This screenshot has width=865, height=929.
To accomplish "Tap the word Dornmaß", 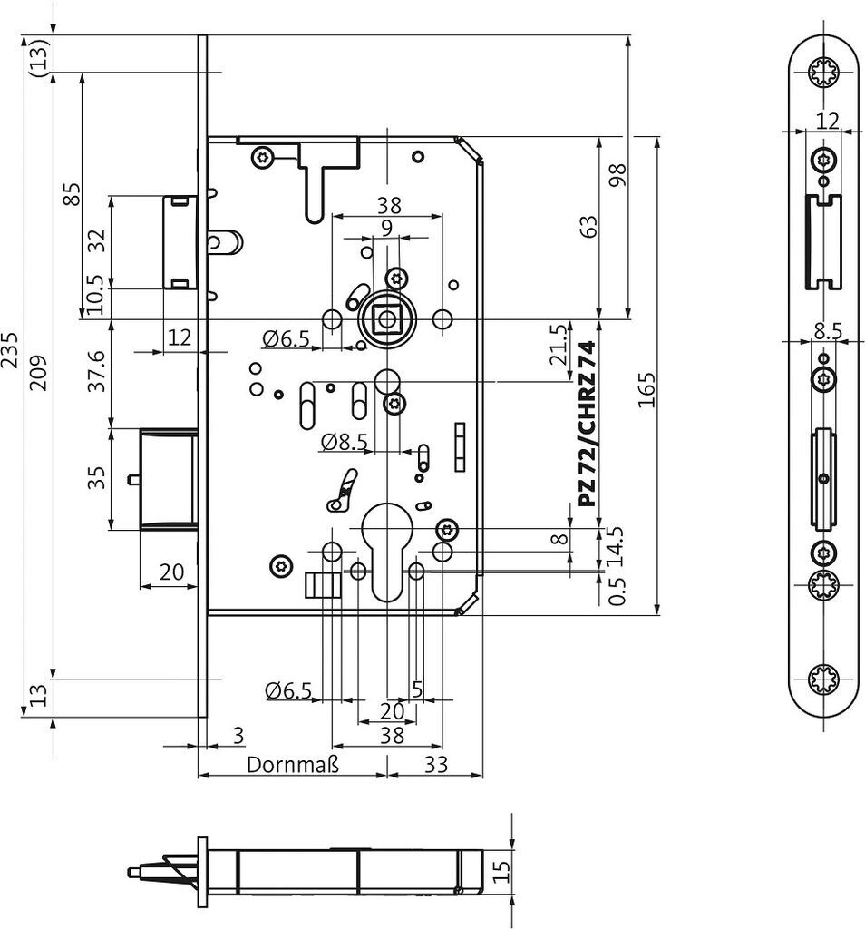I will (x=293, y=765).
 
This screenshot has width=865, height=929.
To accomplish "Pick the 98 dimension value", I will (x=618, y=176).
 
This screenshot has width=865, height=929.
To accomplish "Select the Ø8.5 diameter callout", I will (x=345, y=442).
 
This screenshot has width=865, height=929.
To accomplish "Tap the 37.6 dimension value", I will (x=97, y=371).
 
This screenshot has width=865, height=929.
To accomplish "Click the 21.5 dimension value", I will (x=558, y=346).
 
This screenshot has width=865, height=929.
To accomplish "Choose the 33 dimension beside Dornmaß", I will (x=436, y=765).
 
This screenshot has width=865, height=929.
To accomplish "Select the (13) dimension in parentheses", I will (x=39, y=55).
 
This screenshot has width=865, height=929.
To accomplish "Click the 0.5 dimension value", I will (x=617, y=592).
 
